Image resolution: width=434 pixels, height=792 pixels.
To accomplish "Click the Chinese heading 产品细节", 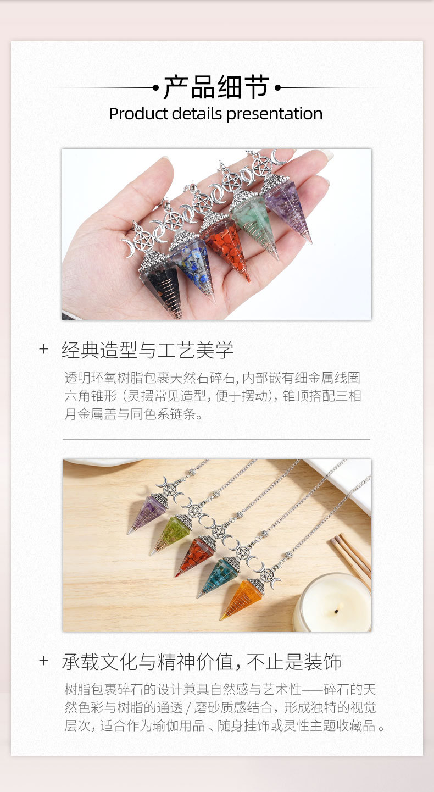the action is point(216,87).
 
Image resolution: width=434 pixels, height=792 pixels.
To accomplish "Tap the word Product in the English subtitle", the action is point(138,114).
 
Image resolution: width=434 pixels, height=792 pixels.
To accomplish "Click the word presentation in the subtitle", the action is point(274,114).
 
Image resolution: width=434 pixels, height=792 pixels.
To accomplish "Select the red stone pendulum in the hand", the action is point(226,247).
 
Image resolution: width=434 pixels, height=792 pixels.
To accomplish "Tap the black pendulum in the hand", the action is point(161,283).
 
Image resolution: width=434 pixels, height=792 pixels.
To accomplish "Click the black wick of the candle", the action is point(337,611).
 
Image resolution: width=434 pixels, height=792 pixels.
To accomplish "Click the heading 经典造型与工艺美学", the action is point(147,350).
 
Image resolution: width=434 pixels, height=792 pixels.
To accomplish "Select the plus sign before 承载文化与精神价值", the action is point(43,660).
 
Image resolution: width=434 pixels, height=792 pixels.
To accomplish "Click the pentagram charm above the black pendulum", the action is point(144,241).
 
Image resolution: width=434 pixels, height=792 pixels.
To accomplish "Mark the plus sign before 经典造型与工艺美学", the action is point(43,349).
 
